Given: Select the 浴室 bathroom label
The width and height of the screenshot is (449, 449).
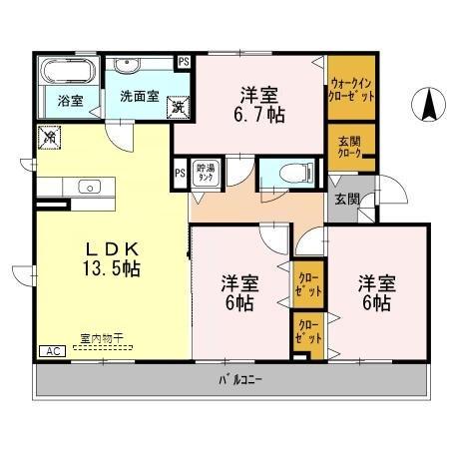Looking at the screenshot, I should tap(70, 100).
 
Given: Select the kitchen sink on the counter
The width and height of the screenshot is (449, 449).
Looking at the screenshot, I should tap(88, 187).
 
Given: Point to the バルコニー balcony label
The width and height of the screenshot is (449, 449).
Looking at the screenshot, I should tap(240, 379).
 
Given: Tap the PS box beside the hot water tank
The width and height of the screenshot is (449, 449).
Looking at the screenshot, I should tap(181, 173).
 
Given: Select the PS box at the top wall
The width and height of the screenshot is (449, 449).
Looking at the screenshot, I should tap(184, 61).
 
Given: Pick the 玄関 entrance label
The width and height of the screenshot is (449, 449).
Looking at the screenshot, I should tap(346, 200).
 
